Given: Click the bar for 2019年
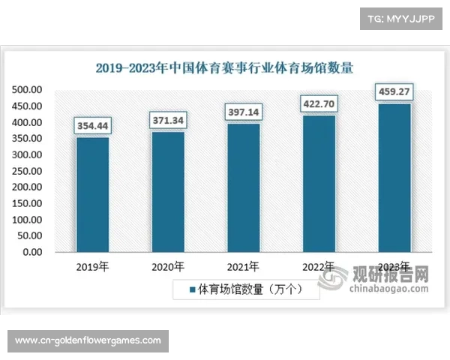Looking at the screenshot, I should point(92,194).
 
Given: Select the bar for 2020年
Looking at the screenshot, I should point(168,191).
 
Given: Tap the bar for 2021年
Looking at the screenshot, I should point(244,187).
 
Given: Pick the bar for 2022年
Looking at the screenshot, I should point(319,183).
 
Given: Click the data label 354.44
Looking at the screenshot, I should point(92,125).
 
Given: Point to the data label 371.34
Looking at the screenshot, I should point(168,120).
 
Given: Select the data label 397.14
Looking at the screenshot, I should point(244,112).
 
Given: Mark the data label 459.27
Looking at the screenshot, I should point(394,91).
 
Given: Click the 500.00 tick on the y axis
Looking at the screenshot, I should point(27,90).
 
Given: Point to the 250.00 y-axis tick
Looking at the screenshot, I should point(27,171).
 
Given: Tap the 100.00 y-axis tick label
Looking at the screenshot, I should point(27,220).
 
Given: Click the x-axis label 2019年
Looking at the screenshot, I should point(92,266).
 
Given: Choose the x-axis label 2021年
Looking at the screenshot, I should point(244,266).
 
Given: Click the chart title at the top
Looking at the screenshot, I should point(225,67).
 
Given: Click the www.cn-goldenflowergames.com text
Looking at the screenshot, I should point(88,340).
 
